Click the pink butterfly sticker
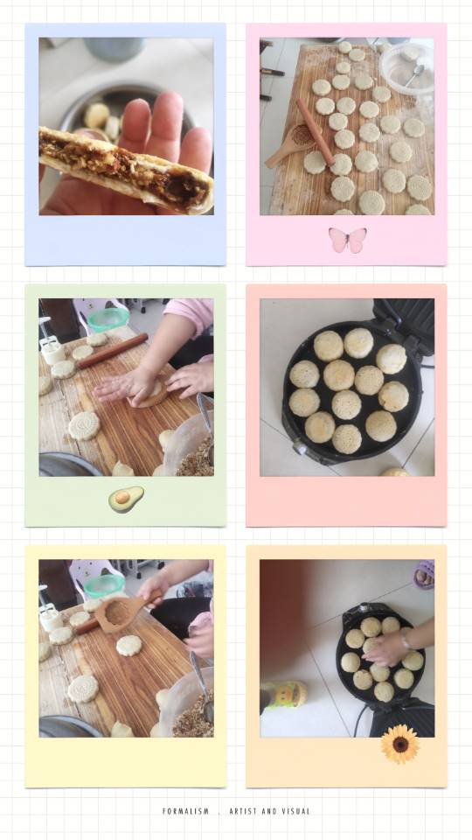click(348, 240)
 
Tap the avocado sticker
click(126, 499)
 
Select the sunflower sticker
click(400, 744)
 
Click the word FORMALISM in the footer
click(185, 811)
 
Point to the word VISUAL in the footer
click(295, 811)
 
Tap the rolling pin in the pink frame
click(316, 132)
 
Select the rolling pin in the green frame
click(113, 351)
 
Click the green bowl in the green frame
click(108, 320)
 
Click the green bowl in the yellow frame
click(104, 586)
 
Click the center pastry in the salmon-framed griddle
click(346, 404)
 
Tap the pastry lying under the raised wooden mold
click(129, 646)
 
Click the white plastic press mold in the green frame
click(52, 350)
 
